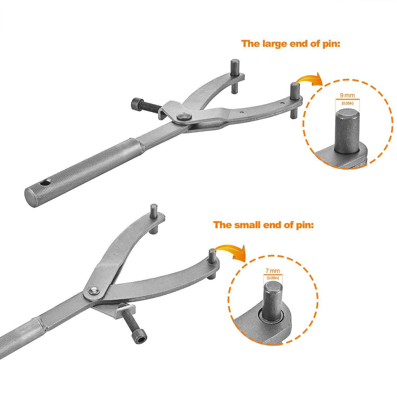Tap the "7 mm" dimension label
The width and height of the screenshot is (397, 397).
pyautogui.click(x=273, y=271)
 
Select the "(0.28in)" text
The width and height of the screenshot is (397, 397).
pyautogui.click(x=273, y=278)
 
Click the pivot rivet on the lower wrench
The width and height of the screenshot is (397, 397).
pyautogui.click(x=93, y=290)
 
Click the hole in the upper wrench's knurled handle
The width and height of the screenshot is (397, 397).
pyautogui.click(x=48, y=183)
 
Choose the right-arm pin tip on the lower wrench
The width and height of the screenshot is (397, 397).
pyautogui.click(x=212, y=251)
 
